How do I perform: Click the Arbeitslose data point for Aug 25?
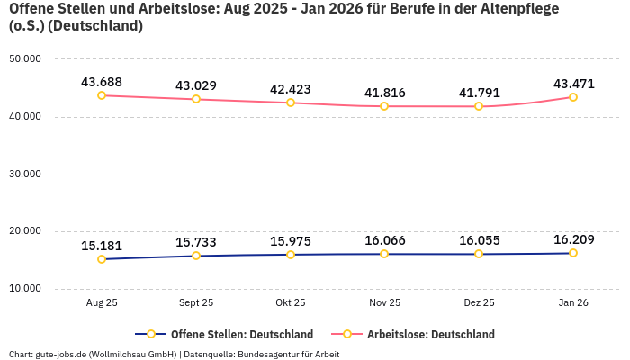[102, 95]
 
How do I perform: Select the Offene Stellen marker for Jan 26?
[573, 253]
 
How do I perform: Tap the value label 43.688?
[102, 82]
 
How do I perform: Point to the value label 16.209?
[573, 239]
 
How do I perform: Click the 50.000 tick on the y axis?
[25, 59]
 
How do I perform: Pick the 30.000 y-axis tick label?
[25, 174]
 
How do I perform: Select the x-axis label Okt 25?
[291, 303]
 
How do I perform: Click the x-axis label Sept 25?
[196, 303]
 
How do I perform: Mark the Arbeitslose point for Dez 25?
[479, 106]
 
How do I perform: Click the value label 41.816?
[384, 93]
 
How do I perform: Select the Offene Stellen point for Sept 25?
[196, 256]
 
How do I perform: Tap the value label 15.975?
[291, 241]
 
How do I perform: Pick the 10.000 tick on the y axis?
[25, 289]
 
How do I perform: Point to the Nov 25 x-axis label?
[384, 303]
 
